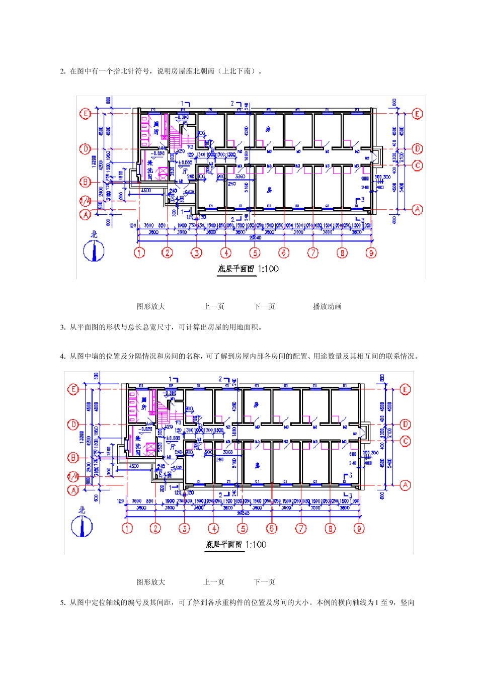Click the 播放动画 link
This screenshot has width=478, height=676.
(x=327, y=306)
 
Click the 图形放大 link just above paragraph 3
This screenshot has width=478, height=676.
(x=151, y=306)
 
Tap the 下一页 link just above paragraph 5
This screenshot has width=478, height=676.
(x=264, y=582)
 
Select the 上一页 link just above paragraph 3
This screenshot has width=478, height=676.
(x=214, y=306)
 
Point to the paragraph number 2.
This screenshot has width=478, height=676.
(x=62, y=71)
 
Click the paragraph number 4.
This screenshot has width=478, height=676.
(x=62, y=357)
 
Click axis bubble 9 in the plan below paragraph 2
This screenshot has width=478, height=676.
(x=371, y=252)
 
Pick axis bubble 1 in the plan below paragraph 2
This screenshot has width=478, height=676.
(x=139, y=252)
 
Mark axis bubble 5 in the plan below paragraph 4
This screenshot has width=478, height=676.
(x=243, y=528)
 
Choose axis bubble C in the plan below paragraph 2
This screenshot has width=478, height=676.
(x=417, y=165)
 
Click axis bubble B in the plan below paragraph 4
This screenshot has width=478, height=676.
(x=73, y=457)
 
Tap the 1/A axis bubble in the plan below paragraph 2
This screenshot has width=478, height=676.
(x=86, y=201)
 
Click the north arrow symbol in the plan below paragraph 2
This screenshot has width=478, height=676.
(x=94, y=250)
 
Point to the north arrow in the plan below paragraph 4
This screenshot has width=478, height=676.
(x=82, y=526)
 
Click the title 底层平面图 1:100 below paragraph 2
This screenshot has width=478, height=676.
(x=248, y=269)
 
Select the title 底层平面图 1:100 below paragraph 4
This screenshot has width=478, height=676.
(x=235, y=544)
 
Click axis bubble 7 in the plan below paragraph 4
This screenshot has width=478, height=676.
(x=301, y=528)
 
